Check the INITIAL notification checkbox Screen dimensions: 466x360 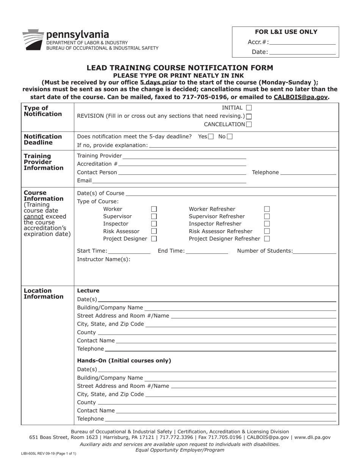click(x=249, y=108)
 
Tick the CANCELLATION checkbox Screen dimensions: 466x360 click(x=249, y=124)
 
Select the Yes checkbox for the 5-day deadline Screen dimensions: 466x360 click(x=211, y=136)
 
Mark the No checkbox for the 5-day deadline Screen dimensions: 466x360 click(x=230, y=136)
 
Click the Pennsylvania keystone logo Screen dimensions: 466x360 click(x=33, y=39)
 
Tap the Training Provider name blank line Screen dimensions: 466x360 click(x=184, y=156)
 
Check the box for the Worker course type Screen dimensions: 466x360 click(x=154, y=209)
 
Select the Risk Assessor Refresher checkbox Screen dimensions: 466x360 click(x=267, y=231)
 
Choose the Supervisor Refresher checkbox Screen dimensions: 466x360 click(x=267, y=216)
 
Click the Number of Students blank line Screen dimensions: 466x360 click(x=315, y=251)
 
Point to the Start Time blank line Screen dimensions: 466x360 click(x=129, y=251)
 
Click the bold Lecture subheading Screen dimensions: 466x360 click(x=88, y=291)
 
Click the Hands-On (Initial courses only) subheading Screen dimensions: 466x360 click(x=124, y=361)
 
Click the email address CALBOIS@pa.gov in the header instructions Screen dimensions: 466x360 click(x=301, y=97)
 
